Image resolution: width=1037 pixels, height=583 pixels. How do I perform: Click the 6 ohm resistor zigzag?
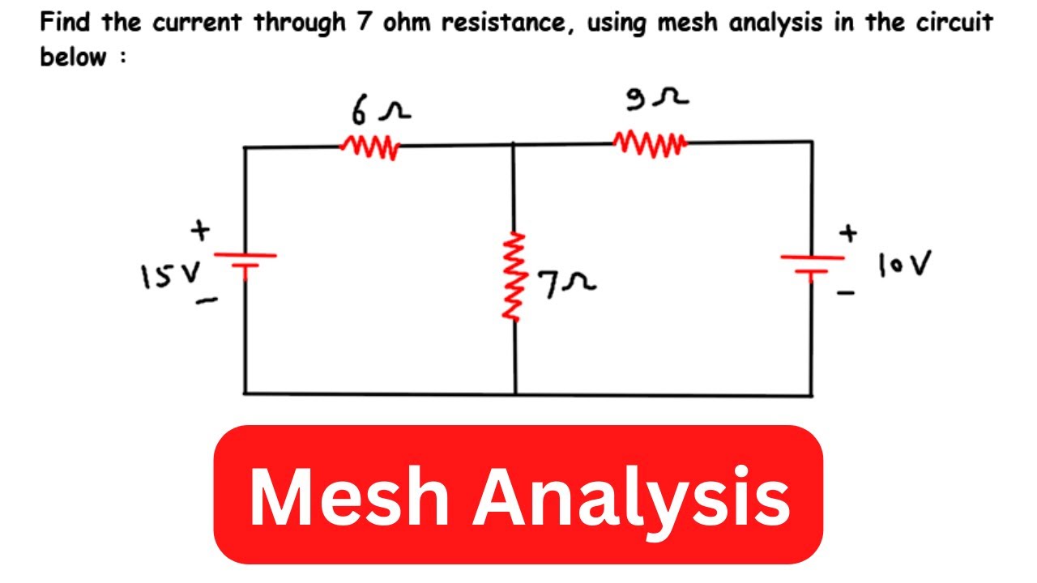pos(370,147)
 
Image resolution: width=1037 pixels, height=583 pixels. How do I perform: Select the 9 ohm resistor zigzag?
pos(650,144)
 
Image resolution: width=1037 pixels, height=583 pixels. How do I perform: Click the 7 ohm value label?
pos(567,283)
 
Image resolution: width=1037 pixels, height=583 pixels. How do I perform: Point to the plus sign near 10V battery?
pos(847,234)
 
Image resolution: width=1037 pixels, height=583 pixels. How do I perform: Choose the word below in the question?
pos(74,57)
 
